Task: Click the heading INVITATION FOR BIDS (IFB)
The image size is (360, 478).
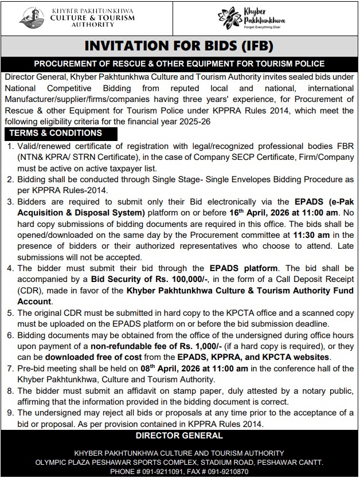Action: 179,46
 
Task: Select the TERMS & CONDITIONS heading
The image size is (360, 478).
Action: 56,133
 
